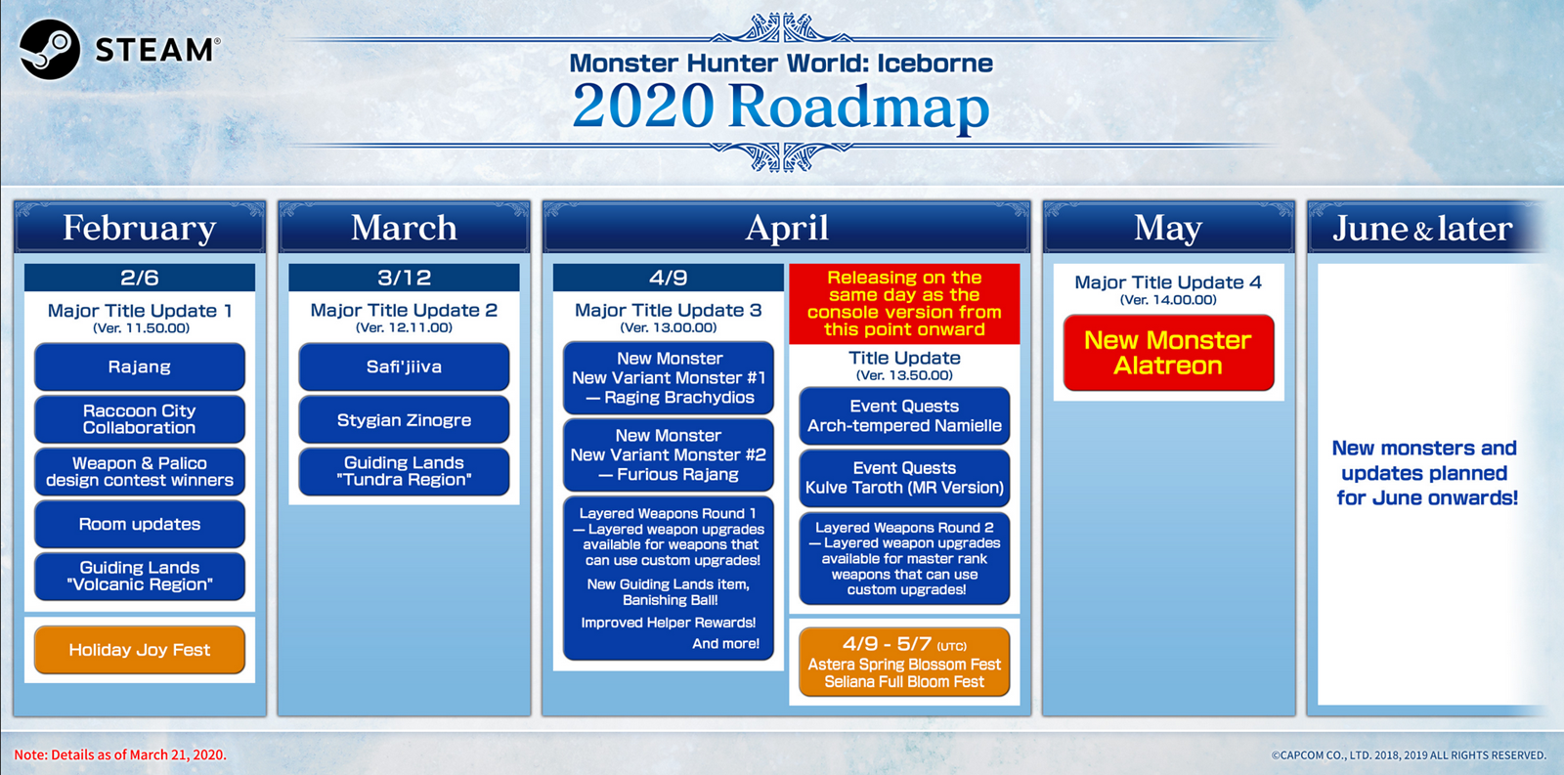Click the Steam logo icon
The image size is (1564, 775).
click(50, 50)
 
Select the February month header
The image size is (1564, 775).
click(140, 227)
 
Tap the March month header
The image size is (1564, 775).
click(405, 227)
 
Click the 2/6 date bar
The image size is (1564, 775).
click(140, 278)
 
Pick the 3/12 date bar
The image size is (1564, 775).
click(405, 278)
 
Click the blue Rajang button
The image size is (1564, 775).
click(140, 366)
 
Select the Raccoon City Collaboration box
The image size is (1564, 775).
click(140, 419)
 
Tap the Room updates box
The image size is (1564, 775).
click(140, 524)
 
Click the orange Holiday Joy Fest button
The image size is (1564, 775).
click(140, 650)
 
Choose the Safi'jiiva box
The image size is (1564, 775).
click(405, 366)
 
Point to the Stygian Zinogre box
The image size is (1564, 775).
click(405, 419)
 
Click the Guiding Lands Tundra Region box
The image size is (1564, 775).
click(405, 471)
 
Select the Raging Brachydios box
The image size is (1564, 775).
click(669, 377)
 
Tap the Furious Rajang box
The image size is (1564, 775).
click(669, 454)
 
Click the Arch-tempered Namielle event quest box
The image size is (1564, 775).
click(904, 416)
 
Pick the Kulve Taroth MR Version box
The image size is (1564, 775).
click(904, 478)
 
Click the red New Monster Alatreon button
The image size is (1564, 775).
click(1169, 353)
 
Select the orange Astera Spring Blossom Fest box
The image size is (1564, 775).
click(904, 662)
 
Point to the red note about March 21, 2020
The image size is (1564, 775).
click(120, 754)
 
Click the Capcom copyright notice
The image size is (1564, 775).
click(1409, 755)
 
